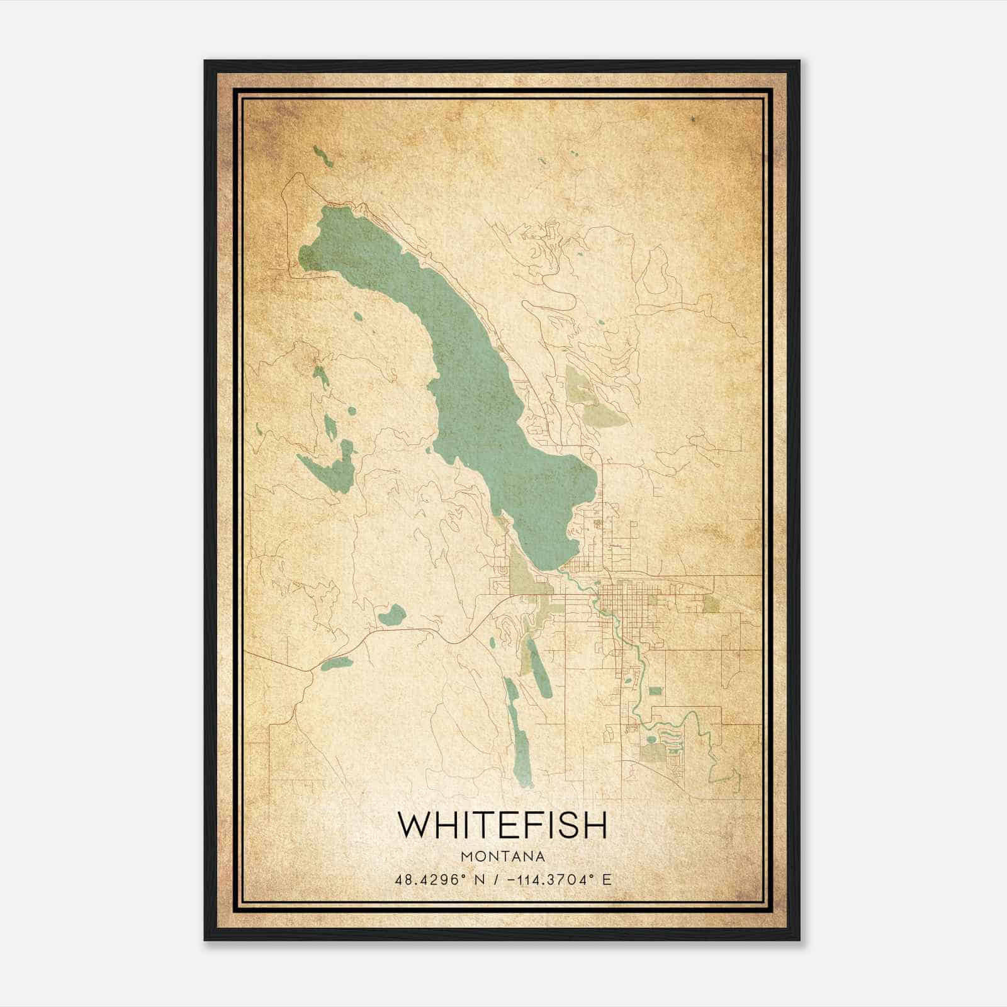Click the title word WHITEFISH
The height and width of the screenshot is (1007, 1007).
(503, 825)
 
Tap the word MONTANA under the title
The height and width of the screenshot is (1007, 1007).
(503, 856)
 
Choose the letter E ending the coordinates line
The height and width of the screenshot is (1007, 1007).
(607, 879)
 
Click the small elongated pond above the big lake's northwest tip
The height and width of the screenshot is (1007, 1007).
(323, 157)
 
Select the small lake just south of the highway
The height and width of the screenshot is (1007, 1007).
(335, 663)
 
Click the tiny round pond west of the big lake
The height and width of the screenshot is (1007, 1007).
(358, 317)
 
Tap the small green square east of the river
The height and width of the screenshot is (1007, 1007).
(655, 691)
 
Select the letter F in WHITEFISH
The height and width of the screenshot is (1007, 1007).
(527, 825)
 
